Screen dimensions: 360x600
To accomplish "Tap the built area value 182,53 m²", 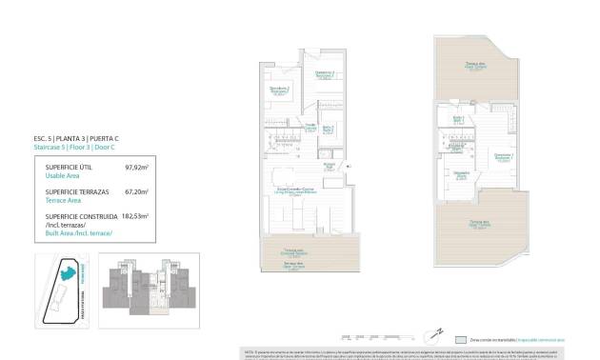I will point(137,216).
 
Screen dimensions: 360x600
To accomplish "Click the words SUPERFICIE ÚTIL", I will point(69,167).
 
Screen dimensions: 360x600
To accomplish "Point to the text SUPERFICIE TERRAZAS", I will point(76,191).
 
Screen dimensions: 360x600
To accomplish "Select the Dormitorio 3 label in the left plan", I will point(279,90).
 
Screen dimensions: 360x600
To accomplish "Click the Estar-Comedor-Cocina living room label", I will point(297,190).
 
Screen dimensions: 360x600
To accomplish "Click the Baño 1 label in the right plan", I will point(458,119).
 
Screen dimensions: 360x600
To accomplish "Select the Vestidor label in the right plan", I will point(461,173).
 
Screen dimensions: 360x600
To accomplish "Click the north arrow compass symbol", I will point(435,332).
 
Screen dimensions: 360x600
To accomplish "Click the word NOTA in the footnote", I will point(249,351).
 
